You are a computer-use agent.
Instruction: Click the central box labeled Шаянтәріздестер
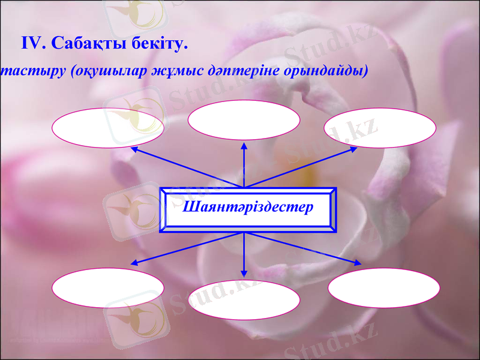[248, 209]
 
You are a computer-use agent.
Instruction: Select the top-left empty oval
[108, 128]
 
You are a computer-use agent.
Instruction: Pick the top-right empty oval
[380, 128]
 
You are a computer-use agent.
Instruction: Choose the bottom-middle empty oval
[244, 299]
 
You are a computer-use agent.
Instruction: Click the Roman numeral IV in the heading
[33, 44]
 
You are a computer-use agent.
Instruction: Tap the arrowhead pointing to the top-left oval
[135, 148]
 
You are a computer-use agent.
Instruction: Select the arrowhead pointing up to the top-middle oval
[244, 145]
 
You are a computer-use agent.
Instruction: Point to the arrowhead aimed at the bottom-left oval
[135, 263]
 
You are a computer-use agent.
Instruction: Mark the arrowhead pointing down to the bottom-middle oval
[244, 273]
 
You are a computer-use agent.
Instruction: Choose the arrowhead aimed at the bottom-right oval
[358, 263]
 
